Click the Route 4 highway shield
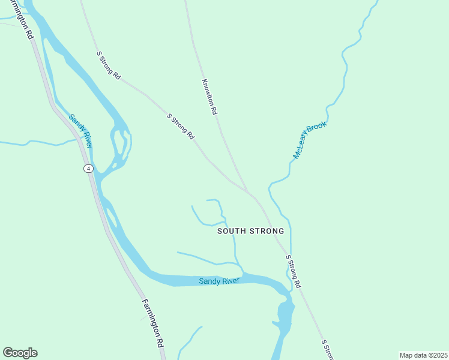click(88, 169)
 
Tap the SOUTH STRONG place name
click(250, 231)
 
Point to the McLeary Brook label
click(309, 140)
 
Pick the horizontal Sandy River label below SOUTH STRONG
click(219, 281)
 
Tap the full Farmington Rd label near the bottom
click(153, 323)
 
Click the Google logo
click(20, 353)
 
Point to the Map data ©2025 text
click(423, 355)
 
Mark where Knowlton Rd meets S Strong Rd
click(247, 191)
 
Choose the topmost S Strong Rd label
click(109, 65)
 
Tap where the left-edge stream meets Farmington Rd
click(79, 140)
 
